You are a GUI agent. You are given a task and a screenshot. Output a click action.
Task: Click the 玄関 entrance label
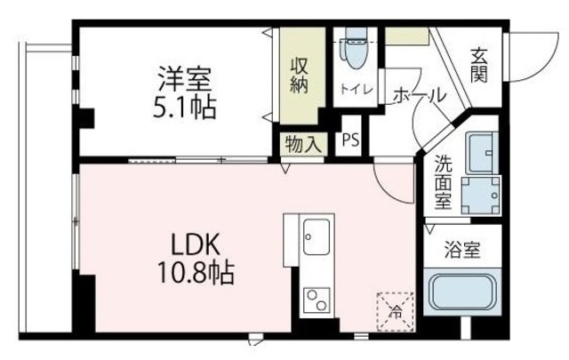click(480, 64)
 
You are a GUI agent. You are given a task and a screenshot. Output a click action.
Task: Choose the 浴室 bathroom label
click(462, 250)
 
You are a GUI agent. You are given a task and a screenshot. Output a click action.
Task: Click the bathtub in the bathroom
click(464, 293)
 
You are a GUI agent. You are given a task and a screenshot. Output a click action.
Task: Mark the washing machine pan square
click(481, 196)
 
